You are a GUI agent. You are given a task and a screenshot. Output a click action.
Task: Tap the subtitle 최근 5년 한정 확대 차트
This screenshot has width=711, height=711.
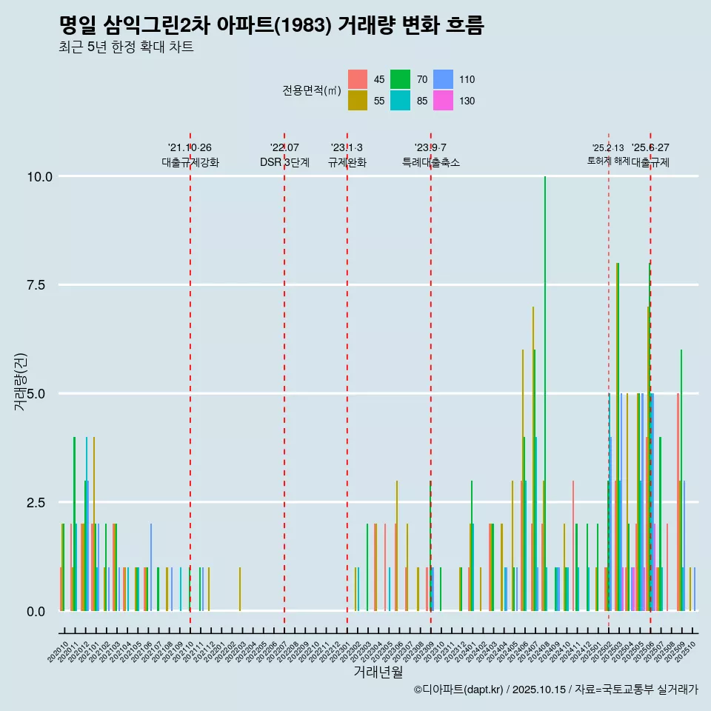tap(126, 48)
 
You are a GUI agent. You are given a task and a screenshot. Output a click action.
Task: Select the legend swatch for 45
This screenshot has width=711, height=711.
tap(358, 79)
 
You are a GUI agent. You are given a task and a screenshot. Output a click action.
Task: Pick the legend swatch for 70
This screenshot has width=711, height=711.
tap(401, 79)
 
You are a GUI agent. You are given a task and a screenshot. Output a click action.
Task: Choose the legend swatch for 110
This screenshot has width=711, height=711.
tap(443, 79)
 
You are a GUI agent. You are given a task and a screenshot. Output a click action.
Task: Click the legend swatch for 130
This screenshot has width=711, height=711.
tap(443, 101)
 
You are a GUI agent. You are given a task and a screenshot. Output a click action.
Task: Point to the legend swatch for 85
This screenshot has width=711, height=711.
tap(401, 101)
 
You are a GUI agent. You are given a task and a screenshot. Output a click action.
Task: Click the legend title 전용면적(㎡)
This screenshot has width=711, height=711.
tap(312, 90)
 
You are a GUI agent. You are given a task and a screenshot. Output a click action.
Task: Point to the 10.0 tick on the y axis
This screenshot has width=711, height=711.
tap(39, 176)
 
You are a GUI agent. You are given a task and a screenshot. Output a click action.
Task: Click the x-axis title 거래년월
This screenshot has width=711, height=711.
tap(378, 672)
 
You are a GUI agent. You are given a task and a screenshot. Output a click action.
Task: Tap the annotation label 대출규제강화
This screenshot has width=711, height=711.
tap(190, 162)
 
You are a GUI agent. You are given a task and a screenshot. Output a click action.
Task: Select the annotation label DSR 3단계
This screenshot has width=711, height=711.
tap(284, 162)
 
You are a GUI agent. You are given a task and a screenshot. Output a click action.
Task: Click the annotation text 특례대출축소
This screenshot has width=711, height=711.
tap(431, 162)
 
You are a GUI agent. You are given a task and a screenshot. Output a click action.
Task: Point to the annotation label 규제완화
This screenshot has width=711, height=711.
tap(347, 162)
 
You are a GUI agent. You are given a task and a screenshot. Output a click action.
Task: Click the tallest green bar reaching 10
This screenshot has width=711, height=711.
tap(545, 393)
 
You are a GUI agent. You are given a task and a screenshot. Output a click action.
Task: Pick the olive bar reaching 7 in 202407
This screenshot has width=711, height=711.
tap(533, 459)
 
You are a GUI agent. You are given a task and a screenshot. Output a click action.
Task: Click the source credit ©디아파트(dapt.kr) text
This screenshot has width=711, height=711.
tap(556, 690)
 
